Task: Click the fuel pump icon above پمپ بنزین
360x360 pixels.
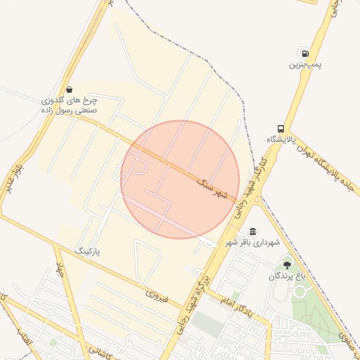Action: click(x=304, y=53)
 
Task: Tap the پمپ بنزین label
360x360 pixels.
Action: click(x=304, y=65)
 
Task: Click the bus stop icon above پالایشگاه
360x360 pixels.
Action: click(x=281, y=129)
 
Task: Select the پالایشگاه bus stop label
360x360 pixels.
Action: click(x=281, y=139)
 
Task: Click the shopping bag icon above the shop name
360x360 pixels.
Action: click(x=69, y=89)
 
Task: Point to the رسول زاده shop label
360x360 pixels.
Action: click(x=69, y=105)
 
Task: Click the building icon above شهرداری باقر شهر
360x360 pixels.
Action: click(x=252, y=232)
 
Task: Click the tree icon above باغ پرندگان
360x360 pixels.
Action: click(x=287, y=264)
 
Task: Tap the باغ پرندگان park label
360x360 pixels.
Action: click(x=287, y=276)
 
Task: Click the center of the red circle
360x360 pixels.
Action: click(x=180, y=180)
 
